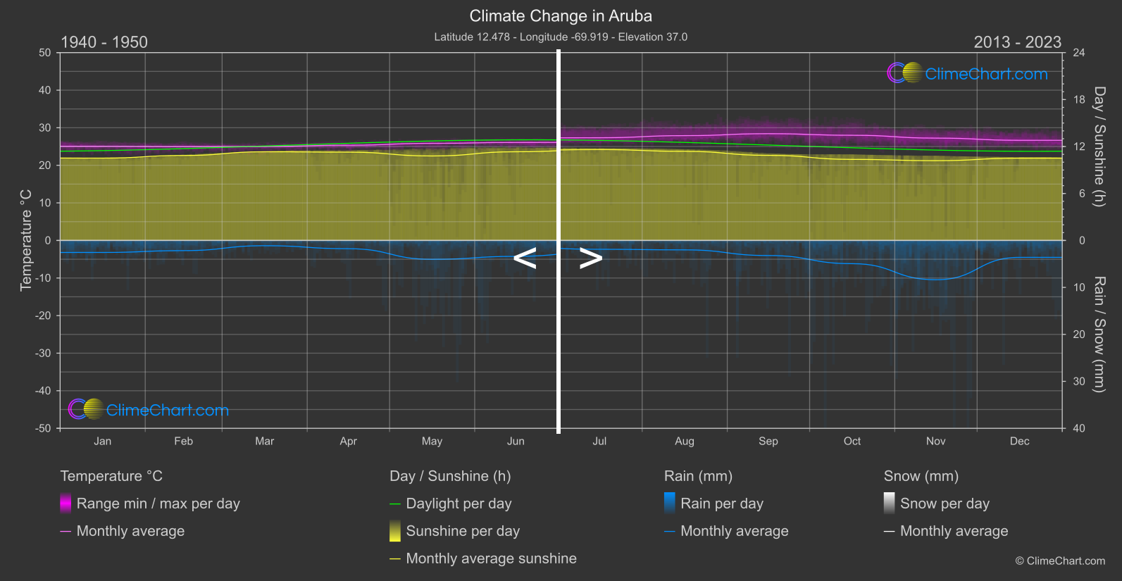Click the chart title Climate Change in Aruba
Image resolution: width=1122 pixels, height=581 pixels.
click(x=561, y=16)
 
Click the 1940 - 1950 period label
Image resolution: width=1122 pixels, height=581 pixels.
click(x=104, y=42)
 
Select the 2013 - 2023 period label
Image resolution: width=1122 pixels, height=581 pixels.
click(x=1017, y=42)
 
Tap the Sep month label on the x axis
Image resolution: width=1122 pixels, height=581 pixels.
click(x=768, y=442)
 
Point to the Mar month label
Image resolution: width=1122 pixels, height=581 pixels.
click(x=264, y=442)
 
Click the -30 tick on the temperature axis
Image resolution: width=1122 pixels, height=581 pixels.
click(x=44, y=354)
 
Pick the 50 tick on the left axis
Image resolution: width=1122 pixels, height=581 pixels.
click(x=45, y=53)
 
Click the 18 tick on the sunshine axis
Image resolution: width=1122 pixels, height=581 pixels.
click(x=1079, y=100)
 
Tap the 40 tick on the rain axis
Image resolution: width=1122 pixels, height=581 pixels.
click(x=1079, y=428)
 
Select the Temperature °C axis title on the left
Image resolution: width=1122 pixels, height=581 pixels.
click(x=26, y=240)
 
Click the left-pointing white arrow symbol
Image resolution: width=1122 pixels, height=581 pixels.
click(x=525, y=258)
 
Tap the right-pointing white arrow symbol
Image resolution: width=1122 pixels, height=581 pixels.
click(x=591, y=258)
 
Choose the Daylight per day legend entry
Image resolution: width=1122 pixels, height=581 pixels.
click(x=459, y=504)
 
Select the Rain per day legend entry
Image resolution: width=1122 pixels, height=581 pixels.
click(x=721, y=504)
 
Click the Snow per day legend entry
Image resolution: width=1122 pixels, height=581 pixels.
click(x=945, y=504)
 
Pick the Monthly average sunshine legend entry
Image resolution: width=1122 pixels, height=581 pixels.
click(x=491, y=558)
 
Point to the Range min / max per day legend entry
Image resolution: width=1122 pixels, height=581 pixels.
click(x=158, y=504)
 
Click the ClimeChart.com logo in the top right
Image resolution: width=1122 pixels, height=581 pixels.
click(x=968, y=73)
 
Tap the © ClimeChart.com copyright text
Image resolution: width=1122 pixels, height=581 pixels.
click(x=1060, y=561)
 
